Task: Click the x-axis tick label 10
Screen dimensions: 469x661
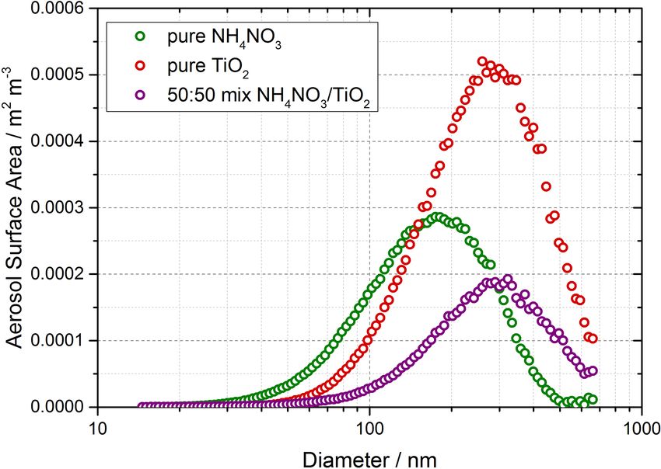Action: (97, 426)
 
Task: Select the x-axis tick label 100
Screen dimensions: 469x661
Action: (369, 426)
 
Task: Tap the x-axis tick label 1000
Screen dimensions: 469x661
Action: (640, 426)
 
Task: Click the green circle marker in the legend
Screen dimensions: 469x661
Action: (140, 36)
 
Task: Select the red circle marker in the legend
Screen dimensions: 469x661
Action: (140, 66)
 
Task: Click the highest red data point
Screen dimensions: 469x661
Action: (482, 61)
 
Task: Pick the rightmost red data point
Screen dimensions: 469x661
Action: (593, 338)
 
